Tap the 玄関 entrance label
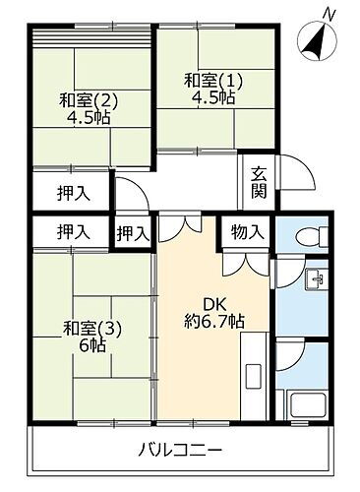click(x=259, y=182)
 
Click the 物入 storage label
click(x=247, y=232)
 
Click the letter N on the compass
click(x=332, y=14)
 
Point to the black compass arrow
click(x=317, y=41)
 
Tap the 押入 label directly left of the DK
click(x=133, y=233)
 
